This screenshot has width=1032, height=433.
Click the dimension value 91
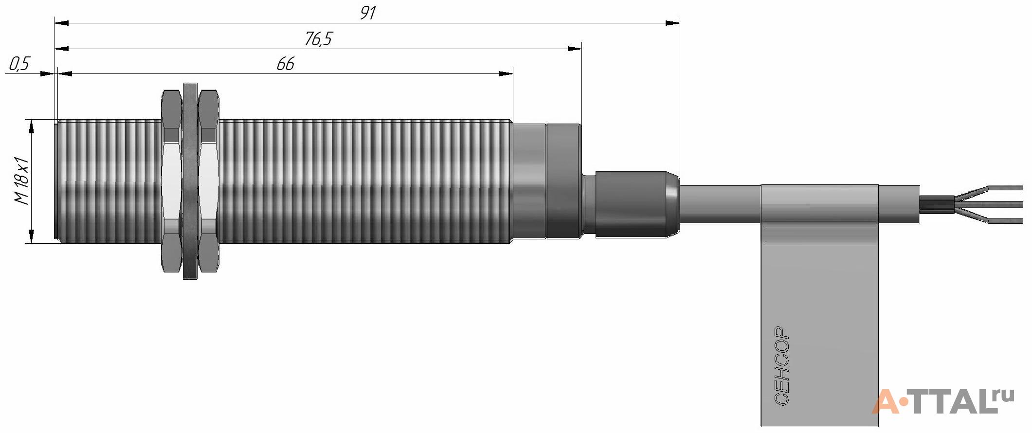(368, 13)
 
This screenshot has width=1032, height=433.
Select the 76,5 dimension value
(318, 39)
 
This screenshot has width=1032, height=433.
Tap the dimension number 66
(285, 64)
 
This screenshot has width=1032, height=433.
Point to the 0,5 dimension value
(19, 64)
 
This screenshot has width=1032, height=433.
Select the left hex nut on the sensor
(171, 181)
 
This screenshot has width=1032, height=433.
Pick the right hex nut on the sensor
(209, 181)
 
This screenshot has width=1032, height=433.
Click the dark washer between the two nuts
(190, 181)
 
